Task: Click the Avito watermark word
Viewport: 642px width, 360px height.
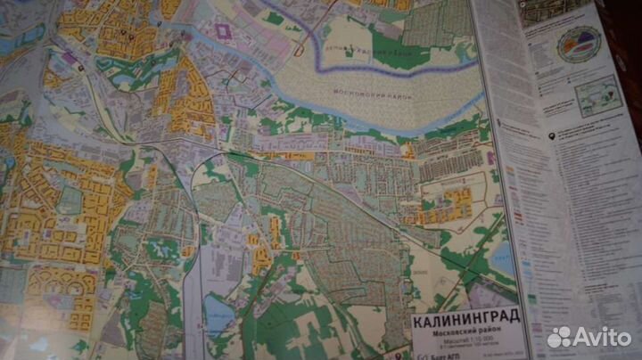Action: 603,337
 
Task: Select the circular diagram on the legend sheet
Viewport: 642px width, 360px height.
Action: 578,44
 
